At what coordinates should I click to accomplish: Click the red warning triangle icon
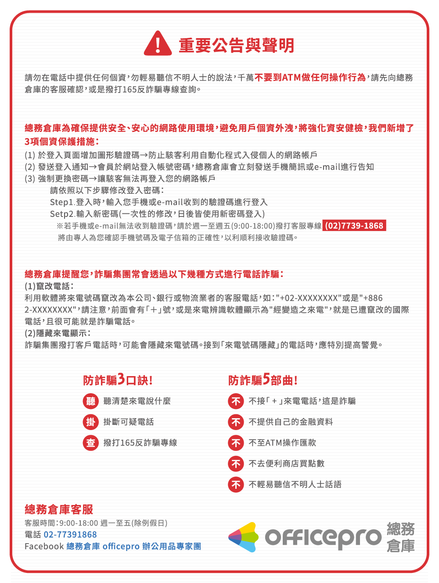coord(158,44)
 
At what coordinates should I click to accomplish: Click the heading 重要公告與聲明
coord(236,46)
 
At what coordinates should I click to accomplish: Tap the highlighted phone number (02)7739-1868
coord(354,226)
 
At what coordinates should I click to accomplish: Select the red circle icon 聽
coord(90,401)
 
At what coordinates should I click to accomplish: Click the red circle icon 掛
coord(90,422)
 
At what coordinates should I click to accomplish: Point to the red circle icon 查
coord(90,443)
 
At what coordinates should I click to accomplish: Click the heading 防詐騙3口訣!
coord(118,380)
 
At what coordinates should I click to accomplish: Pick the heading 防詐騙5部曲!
coord(263,380)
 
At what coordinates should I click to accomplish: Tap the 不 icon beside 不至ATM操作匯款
coord(236,443)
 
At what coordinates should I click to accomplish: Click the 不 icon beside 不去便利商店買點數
coord(236,463)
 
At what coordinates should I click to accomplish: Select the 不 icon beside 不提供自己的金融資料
coord(236,422)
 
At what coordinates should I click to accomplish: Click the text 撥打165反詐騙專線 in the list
coord(140,443)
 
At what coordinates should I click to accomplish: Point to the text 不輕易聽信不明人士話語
coord(295,484)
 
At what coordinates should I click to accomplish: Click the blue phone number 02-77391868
coord(70,534)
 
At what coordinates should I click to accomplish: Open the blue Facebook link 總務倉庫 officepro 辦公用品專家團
coord(134,546)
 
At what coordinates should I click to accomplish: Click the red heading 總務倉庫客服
coord(59,509)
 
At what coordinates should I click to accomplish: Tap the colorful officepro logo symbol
coord(244,537)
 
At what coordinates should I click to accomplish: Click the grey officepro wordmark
coord(323,537)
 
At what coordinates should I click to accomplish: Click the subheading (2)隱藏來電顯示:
coord(58,333)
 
